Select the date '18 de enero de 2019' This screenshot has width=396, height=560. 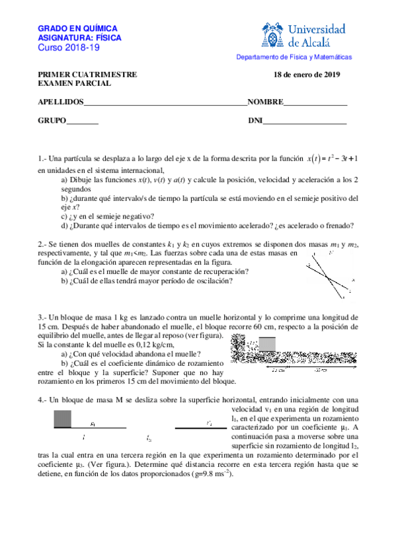pos(306,75)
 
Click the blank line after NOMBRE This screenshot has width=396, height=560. pos(315,103)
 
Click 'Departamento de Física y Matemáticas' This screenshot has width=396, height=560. pos(294,57)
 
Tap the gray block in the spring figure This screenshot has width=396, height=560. pos(267,345)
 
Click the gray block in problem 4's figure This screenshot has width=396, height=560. pos(61,419)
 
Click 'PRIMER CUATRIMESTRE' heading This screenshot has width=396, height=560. pos(87,75)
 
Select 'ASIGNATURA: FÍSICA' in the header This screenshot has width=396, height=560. pos(77,39)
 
